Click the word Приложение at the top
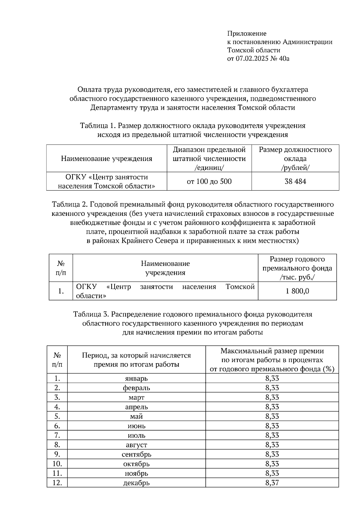coord(247,33)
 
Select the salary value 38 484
coord(295,181)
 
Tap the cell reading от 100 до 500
coord(209,181)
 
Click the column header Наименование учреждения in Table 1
coord(106,159)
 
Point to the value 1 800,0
coord(297,291)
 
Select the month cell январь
coord(136,378)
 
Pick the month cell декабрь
coord(136,483)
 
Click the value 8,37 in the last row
coord(272,483)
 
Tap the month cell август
coord(136,445)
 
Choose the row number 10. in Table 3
coord(57,464)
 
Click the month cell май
coord(136,416)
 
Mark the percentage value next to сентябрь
coord(272,454)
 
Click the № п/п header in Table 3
coord(57,360)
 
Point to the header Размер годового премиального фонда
coord(297,268)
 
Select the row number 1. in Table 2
coord(61,291)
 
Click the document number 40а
coord(284,58)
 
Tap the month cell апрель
coord(136,407)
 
